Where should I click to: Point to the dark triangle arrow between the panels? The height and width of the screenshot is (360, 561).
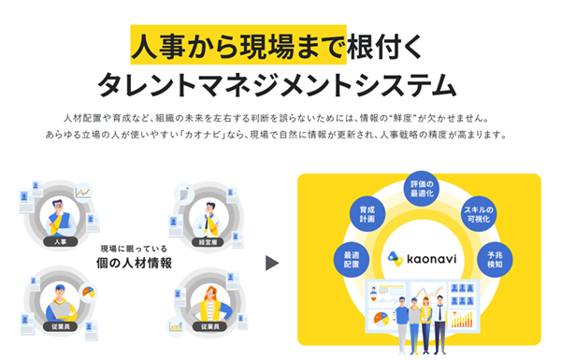click(272, 263)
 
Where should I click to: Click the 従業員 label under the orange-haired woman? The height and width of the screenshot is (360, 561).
click(208, 326)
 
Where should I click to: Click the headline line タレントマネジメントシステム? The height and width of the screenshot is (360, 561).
click(280, 85)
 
